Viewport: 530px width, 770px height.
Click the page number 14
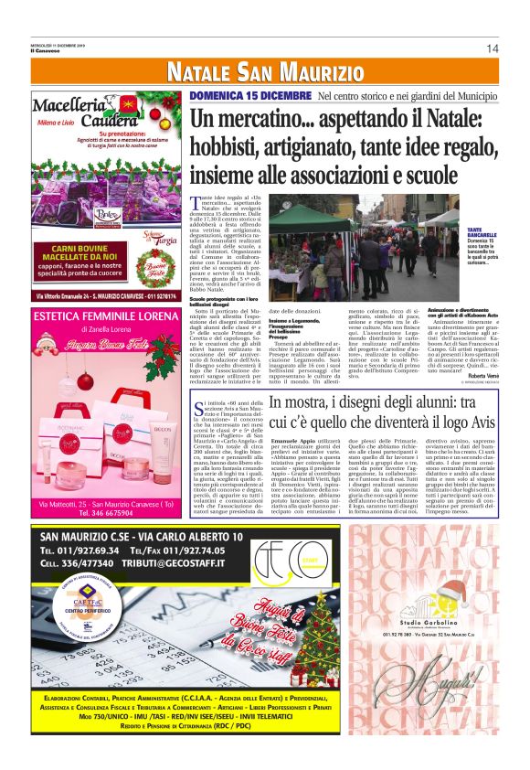(492, 48)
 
